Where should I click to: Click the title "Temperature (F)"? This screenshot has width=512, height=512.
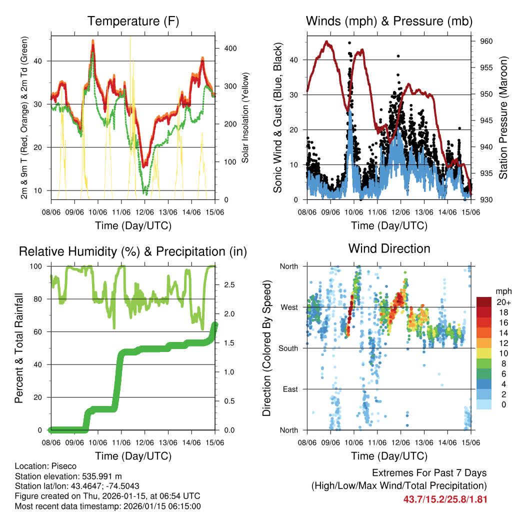coord(133,21)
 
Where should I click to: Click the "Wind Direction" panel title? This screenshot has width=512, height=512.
coord(389,248)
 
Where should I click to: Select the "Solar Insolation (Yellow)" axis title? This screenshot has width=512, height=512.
coord(245,118)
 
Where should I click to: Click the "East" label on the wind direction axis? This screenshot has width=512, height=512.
coord(288,389)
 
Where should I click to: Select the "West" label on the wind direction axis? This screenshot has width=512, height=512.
coord(288,307)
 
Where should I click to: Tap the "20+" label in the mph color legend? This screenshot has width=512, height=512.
coord(503,302)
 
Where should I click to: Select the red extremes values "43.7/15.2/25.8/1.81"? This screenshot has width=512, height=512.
coord(445,499)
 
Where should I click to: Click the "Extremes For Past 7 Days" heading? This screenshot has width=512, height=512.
coord(429,473)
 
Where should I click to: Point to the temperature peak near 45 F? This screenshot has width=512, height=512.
coord(92,42)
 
